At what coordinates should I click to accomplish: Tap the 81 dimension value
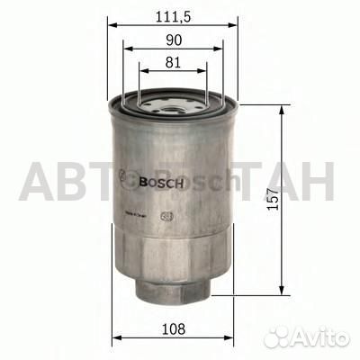click(174, 64)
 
